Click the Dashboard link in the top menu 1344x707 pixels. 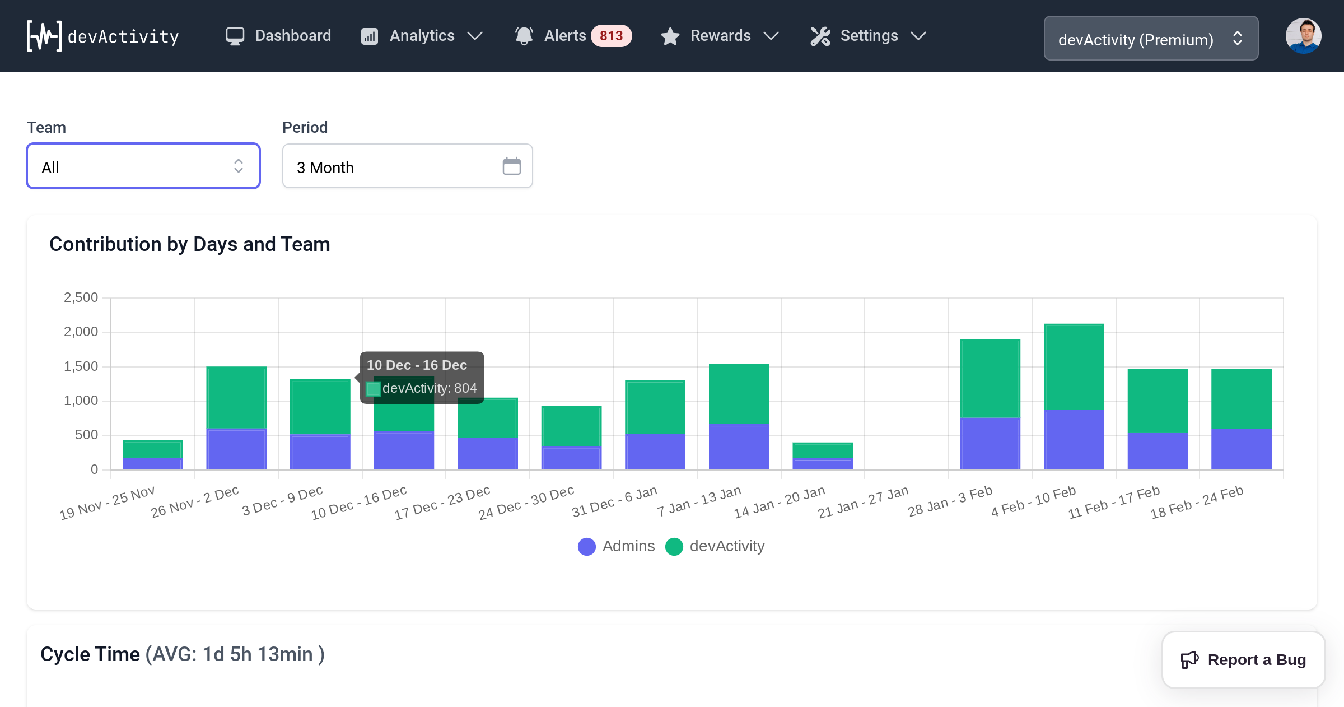pos(278,36)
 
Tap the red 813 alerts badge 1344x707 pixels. pos(611,36)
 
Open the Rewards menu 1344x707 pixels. pos(720,36)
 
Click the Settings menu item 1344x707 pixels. pos(869,36)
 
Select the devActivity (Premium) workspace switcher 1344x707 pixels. pos(1151,39)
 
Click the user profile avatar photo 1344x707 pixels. pos(1303,36)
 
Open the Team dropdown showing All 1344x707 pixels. pos(143,166)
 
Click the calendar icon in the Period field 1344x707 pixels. pos(511,166)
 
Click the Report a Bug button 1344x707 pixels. pos(1244,660)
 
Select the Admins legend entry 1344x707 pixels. pos(617,546)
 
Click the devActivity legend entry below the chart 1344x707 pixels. pos(715,546)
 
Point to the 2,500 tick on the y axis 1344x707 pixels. pos(81,297)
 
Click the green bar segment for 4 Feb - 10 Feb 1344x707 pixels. pos(1074,367)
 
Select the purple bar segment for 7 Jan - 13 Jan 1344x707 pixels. pos(739,446)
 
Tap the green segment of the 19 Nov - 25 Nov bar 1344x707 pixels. pos(152,449)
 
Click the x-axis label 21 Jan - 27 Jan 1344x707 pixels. pos(863,503)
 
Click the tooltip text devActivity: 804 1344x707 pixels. pos(429,388)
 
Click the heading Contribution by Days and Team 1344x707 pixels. pos(190,244)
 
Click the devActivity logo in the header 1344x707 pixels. pos(103,36)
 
